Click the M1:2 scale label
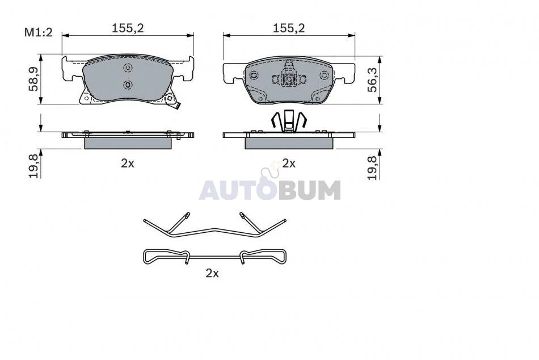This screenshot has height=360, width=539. [38, 33]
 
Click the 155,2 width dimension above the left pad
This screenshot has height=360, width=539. [128, 28]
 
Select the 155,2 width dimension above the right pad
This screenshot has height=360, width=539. [289, 28]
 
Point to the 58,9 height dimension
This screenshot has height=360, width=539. [33, 79]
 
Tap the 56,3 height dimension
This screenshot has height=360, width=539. [372, 79]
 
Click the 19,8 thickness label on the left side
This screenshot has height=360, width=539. [33, 166]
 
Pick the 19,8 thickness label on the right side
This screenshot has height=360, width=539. [372, 168]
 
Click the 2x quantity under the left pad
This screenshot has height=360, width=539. [128, 163]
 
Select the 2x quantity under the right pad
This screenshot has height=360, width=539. [289, 163]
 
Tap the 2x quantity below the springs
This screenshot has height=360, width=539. [212, 273]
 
